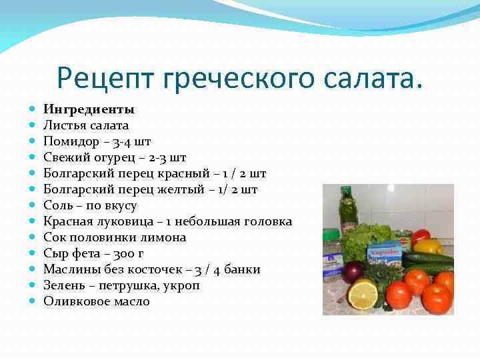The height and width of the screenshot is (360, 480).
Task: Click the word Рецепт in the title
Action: click(107, 78)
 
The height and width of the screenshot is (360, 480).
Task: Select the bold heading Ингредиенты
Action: click(89, 109)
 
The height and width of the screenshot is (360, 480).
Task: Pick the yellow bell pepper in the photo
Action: click(429, 247)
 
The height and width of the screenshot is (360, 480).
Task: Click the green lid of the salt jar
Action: click(331, 234)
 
